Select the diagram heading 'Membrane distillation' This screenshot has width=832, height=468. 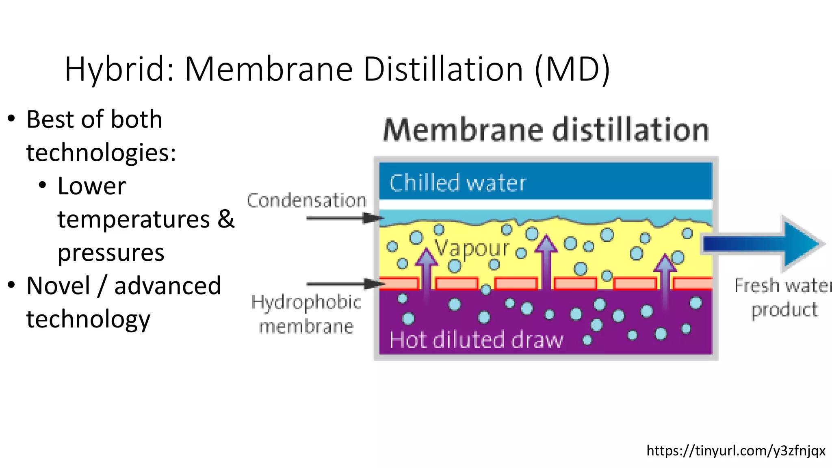click(546, 130)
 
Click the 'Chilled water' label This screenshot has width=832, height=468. click(457, 183)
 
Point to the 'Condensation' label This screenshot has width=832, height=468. click(307, 201)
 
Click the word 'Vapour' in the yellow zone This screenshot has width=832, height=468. click(471, 248)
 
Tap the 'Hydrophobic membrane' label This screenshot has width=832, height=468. click(306, 314)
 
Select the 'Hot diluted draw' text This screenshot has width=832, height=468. click(476, 340)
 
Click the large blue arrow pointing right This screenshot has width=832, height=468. click(764, 244)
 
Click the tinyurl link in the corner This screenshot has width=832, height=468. click(736, 451)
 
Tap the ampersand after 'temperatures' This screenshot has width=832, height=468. click(226, 219)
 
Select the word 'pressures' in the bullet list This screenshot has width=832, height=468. click(111, 253)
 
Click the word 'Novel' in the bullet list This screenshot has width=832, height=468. click(58, 286)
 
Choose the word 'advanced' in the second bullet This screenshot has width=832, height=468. click(167, 286)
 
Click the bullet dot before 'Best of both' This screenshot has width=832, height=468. click(11, 119)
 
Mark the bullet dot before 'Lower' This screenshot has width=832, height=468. click(43, 186)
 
